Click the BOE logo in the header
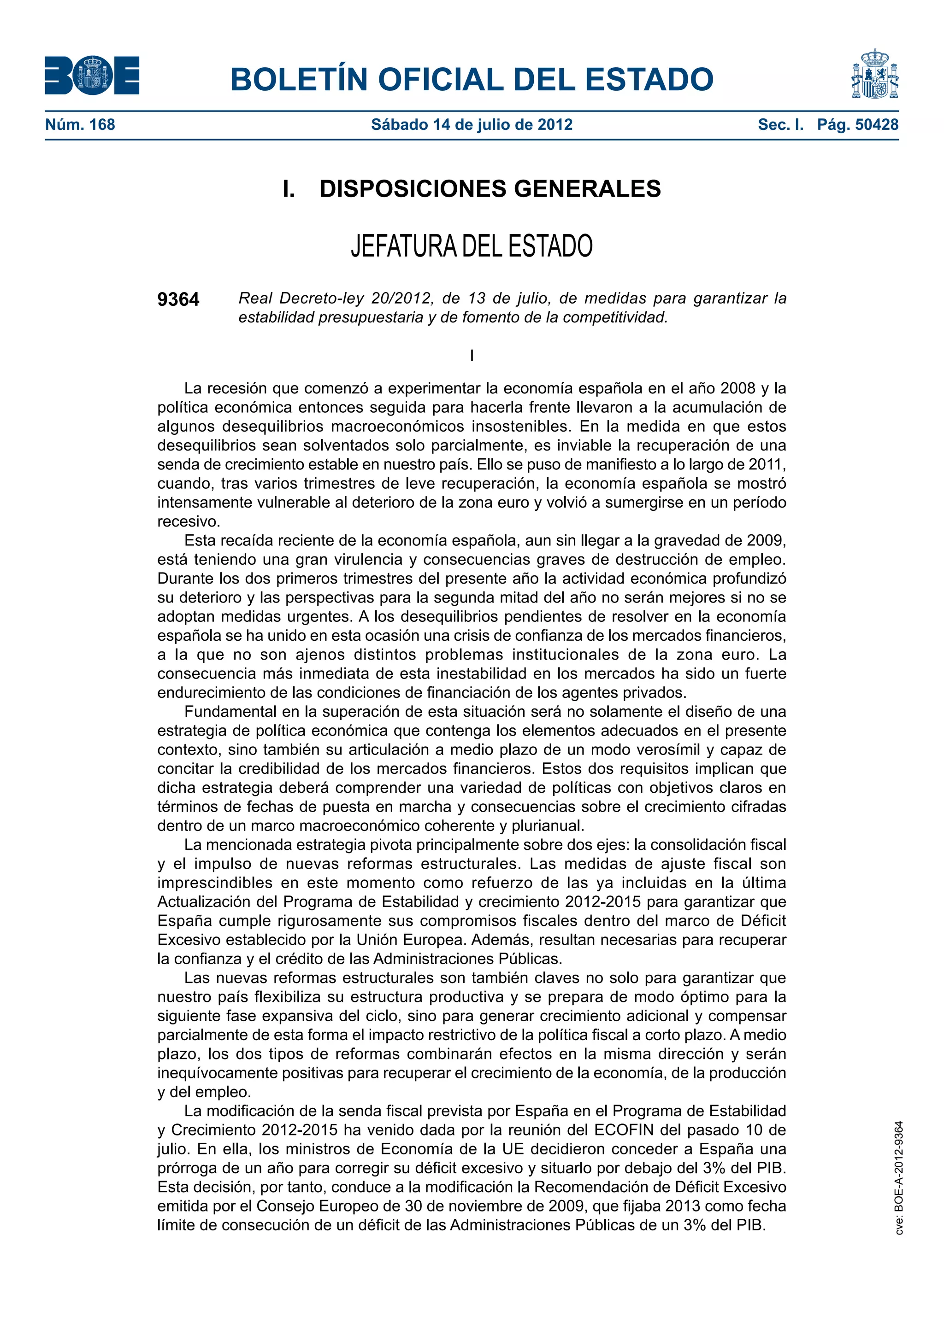tap(92, 76)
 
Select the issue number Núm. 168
tap(80, 124)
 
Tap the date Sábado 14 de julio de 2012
tap(472, 124)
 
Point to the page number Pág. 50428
tap(857, 124)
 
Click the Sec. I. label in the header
tap(780, 124)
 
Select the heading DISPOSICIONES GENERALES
tap(490, 189)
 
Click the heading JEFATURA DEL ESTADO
tap(472, 246)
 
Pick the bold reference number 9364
tap(178, 299)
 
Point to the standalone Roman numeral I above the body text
tap(472, 356)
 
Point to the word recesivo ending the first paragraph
tap(189, 521)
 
